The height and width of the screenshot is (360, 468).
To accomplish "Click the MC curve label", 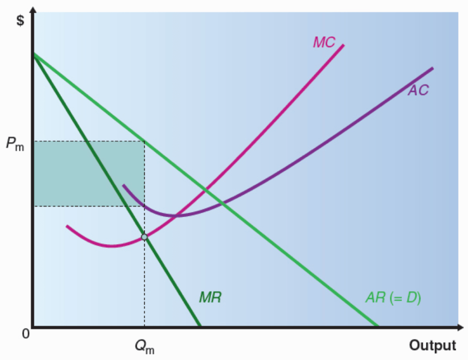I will (x=324, y=42).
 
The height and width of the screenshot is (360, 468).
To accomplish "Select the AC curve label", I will (x=418, y=90).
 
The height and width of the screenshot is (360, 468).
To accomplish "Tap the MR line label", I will (x=210, y=297).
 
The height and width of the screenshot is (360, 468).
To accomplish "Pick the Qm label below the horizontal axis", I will (x=144, y=348).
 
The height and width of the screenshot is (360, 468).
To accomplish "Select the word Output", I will (x=432, y=345).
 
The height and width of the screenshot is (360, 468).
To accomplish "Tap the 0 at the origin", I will (x=26, y=333).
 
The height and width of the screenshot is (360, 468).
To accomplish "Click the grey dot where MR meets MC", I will (x=144, y=237).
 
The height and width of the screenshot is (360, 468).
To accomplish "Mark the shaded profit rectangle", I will (x=89, y=174).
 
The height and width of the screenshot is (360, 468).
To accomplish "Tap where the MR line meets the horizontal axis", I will (x=200, y=326).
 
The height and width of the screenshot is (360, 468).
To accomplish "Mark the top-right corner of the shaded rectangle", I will (x=144, y=141).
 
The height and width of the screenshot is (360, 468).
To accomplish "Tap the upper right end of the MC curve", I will (x=343, y=45).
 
